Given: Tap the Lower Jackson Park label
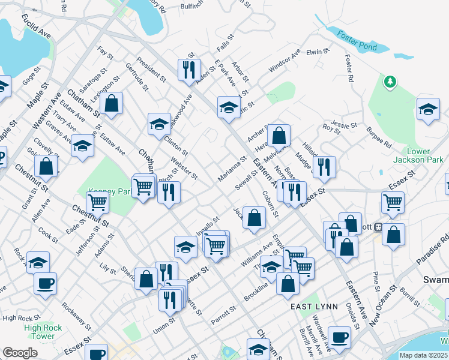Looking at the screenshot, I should click(x=418, y=155).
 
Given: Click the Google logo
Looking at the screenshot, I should click(x=20, y=353).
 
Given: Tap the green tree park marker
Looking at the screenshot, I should click(x=390, y=81).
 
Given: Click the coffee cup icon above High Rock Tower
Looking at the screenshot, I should click(x=46, y=283).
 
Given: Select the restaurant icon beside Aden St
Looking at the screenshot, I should click(x=189, y=70).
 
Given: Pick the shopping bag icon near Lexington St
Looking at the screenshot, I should click(x=112, y=103).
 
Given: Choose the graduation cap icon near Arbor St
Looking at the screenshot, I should click(x=228, y=108).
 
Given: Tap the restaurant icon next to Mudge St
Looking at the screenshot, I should click(x=324, y=167).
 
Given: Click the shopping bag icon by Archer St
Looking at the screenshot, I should click(x=279, y=136).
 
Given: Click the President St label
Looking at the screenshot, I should click(x=151, y=69).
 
